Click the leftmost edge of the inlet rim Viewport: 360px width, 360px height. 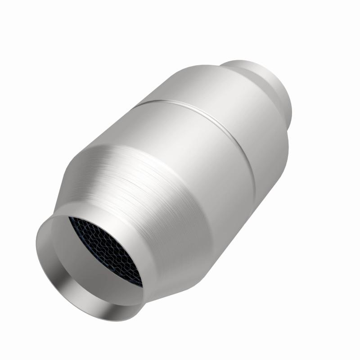coord(37,252)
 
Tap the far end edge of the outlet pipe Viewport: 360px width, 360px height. coord(283,94)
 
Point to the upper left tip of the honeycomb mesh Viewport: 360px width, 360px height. coord(70,218)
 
